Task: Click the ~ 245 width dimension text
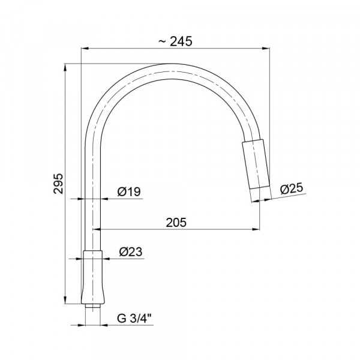[175, 41]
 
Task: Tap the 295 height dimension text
[58, 184]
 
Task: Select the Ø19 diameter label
[129, 192]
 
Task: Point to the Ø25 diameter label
[292, 189]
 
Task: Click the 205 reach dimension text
[176, 223]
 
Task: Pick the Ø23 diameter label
[131, 252]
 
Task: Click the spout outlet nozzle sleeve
[256, 164]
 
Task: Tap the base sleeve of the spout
[93, 277]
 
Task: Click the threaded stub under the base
[92, 307]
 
